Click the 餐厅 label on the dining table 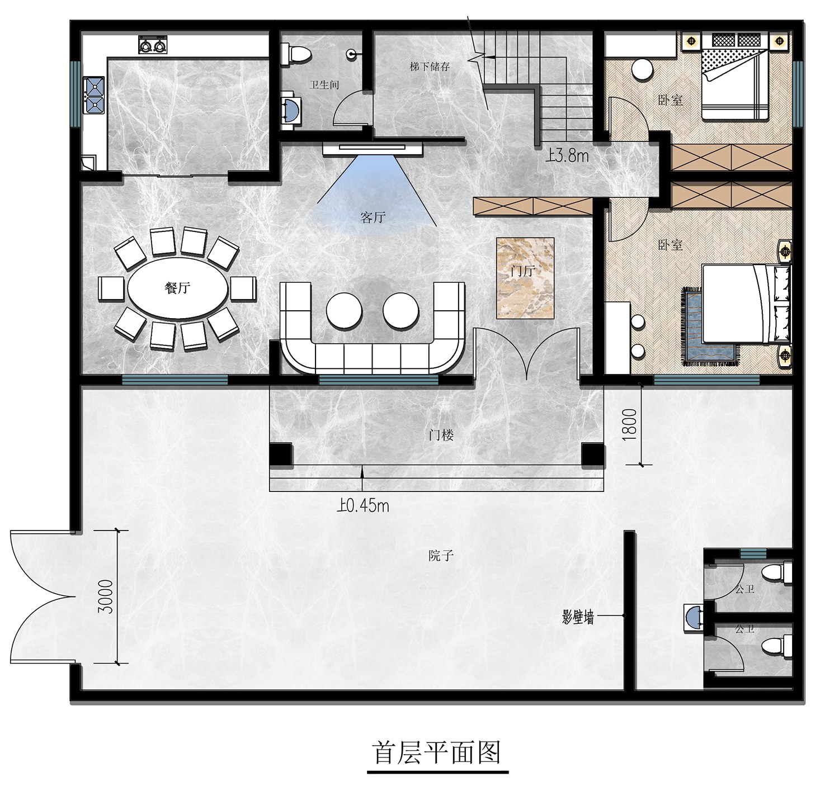(177, 288)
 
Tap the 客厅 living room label (373, 217)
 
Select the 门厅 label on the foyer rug (522, 271)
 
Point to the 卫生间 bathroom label (324, 85)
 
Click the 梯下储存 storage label (430, 67)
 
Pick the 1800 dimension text (629, 424)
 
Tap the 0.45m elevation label (363, 505)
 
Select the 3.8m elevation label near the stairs (567, 156)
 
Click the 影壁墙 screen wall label (577, 618)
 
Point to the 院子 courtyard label (441, 555)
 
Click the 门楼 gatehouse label (441, 435)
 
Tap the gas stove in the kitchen (153, 44)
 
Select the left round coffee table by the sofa (344, 311)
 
